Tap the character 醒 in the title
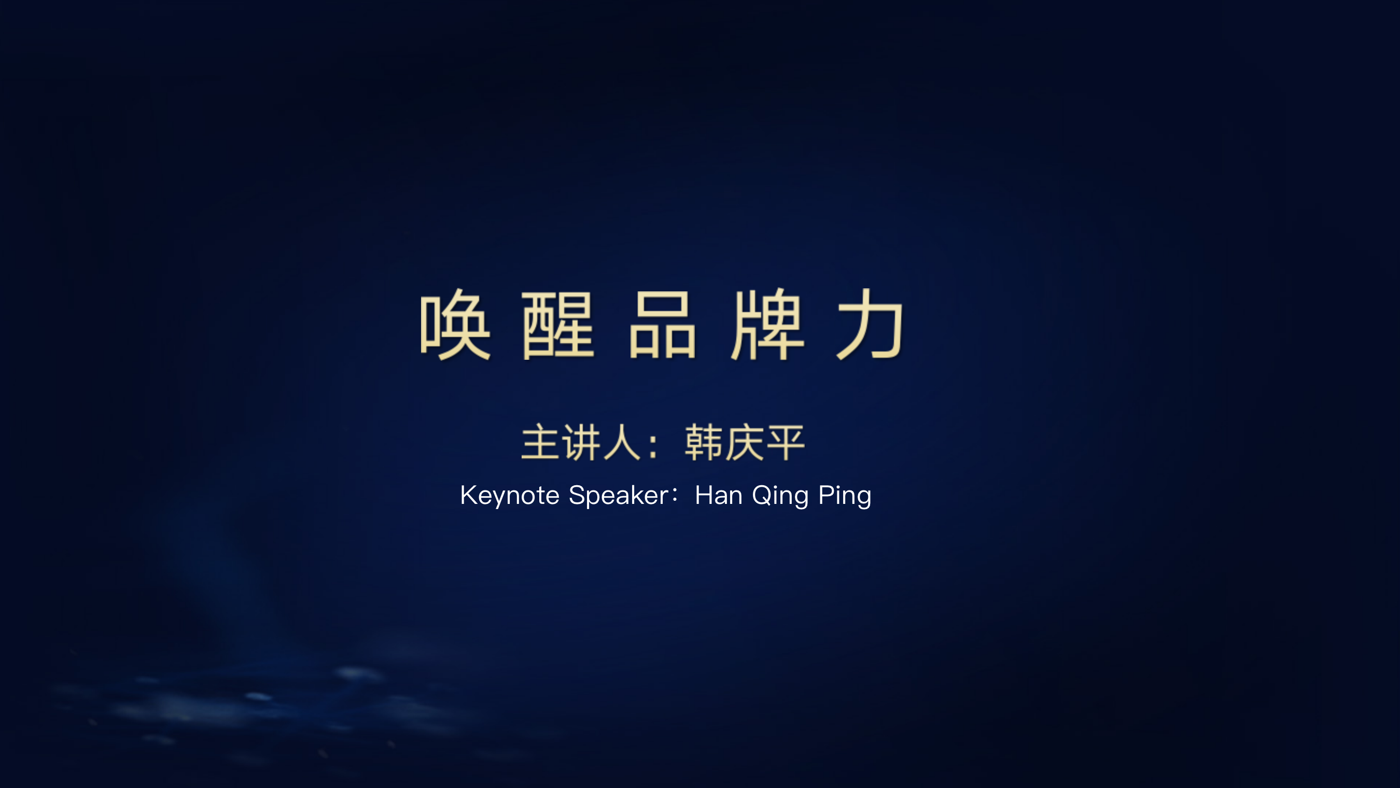click(x=558, y=325)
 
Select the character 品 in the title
click(x=662, y=325)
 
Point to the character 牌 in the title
click(x=767, y=324)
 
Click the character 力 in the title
click(x=870, y=324)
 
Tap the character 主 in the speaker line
click(x=539, y=442)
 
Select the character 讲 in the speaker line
click(x=581, y=442)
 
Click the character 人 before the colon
click(x=622, y=442)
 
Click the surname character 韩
click(x=704, y=442)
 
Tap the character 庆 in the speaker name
click(x=745, y=442)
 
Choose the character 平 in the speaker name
click(x=786, y=442)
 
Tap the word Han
click(x=719, y=496)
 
